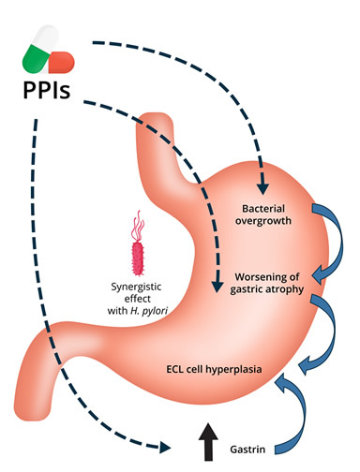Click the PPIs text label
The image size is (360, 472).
[x=47, y=90]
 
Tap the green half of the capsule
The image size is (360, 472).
[x=35, y=58]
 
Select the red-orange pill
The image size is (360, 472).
[x=62, y=62]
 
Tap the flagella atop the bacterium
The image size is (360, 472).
[x=139, y=226]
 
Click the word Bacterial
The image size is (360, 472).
[x=263, y=208]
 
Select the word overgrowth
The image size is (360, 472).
[x=263, y=221]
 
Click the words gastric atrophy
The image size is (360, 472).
[x=267, y=289]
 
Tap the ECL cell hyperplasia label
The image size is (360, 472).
[x=214, y=369]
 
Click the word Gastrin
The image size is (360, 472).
[x=247, y=450]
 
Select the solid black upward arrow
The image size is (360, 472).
[x=208, y=441]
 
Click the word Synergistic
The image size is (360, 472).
[x=136, y=287]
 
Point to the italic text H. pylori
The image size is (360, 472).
[x=148, y=311]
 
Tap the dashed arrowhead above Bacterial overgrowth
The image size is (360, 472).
[x=262, y=188]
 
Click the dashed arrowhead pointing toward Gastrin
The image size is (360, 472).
[x=165, y=448]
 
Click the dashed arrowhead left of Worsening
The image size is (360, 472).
[x=217, y=287]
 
